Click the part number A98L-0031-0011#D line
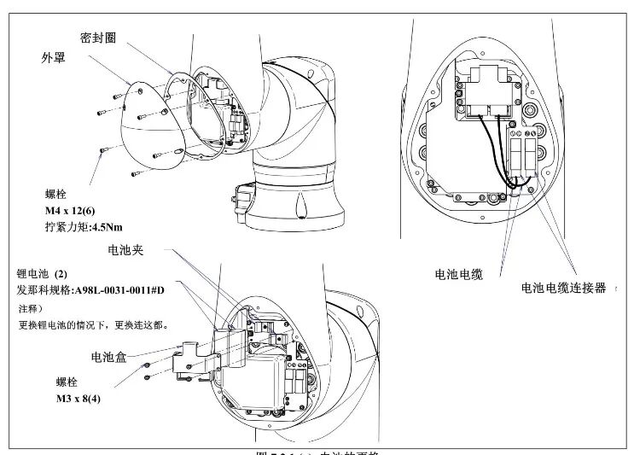(x=98, y=289)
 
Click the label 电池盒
(x=109, y=358)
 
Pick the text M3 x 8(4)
(x=69, y=399)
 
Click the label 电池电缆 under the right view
(x=459, y=274)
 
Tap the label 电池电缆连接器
(x=563, y=289)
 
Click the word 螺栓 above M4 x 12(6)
(x=55, y=194)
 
